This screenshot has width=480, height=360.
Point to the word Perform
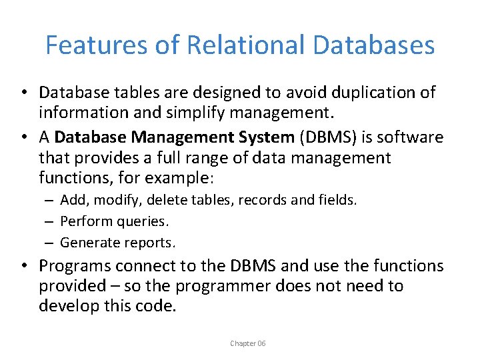pyautogui.click(x=84, y=221)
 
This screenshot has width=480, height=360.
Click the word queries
pyautogui.click(x=141, y=221)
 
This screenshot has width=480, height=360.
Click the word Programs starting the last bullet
pyautogui.click(x=75, y=266)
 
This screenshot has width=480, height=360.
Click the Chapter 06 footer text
pyautogui.click(x=247, y=343)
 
